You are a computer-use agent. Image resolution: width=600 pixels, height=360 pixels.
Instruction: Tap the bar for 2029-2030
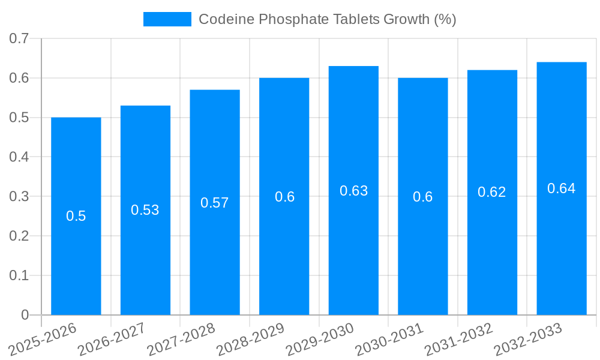coord(353,252)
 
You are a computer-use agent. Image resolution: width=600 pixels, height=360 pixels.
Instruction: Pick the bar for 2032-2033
coord(562,252)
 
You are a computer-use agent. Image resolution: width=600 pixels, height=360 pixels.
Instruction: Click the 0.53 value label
coord(145,210)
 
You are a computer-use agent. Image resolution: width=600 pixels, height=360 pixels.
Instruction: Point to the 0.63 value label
coord(354,191)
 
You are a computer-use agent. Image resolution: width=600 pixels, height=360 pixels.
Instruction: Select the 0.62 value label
coord(492,192)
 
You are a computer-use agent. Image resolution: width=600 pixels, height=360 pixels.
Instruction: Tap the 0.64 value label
coord(562,188)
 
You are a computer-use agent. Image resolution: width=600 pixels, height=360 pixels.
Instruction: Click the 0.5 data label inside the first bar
coord(76,216)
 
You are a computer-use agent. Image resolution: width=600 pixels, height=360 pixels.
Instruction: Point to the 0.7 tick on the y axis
coord(19,39)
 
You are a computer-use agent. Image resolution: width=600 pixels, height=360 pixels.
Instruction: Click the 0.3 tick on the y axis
coord(19,197)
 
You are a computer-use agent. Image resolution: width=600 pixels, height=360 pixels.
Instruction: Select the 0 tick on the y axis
coord(25,315)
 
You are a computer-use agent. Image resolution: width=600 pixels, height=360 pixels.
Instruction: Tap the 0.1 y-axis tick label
coord(19,275)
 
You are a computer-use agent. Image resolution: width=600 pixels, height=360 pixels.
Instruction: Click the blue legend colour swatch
coord(167,19)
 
